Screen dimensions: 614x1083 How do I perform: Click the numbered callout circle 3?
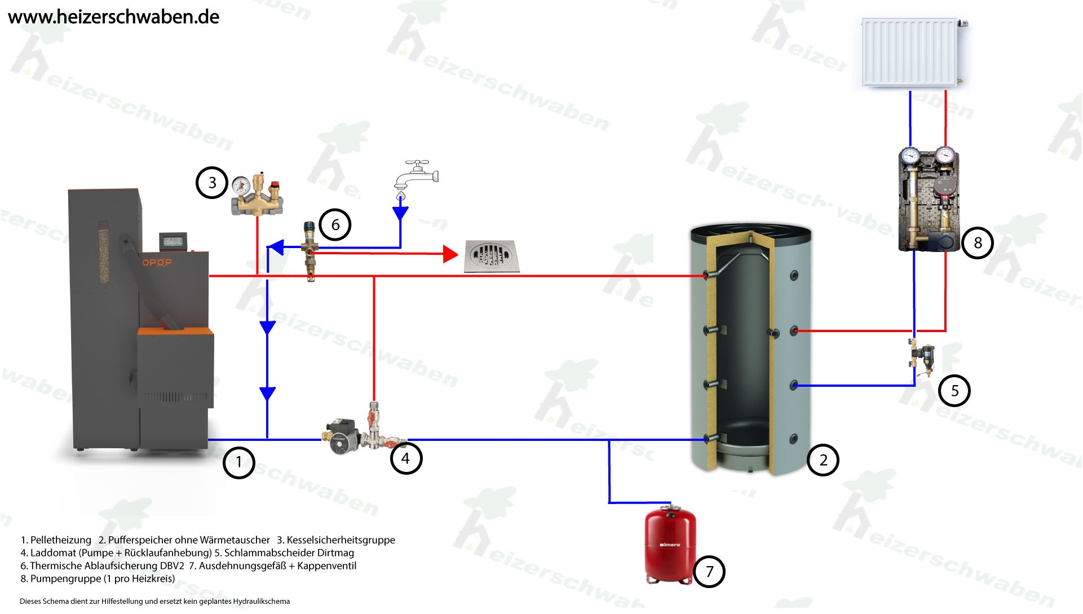(x=212, y=183)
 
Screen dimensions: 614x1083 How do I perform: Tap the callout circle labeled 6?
(x=335, y=225)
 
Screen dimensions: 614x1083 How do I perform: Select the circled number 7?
(x=709, y=572)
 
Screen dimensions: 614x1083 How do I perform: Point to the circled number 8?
(x=978, y=243)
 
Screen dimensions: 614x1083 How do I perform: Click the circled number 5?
(x=954, y=391)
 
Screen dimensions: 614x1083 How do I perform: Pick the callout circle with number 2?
(x=823, y=460)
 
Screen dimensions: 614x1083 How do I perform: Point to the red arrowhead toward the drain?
(x=450, y=254)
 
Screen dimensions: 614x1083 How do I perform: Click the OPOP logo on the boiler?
(x=156, y=262)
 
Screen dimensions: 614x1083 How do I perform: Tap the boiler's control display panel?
(x=173, y=241)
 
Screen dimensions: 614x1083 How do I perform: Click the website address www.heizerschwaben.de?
(x=113, y=17)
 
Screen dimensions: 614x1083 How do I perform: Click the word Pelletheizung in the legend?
(x=60, y=540)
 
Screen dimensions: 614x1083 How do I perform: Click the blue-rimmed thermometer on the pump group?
(x=909, y=155)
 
